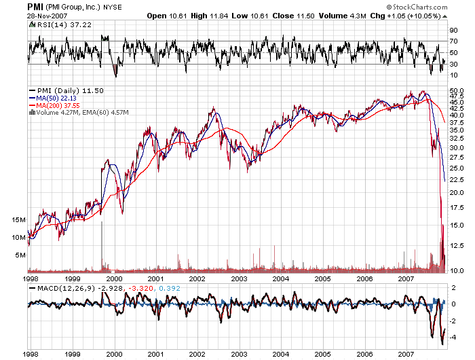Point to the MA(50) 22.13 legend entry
click(56, 98)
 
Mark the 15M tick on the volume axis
click(19, 220)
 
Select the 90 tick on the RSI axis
click(453, 31)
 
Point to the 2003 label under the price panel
click(239, 278)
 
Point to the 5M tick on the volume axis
click(20, 255)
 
